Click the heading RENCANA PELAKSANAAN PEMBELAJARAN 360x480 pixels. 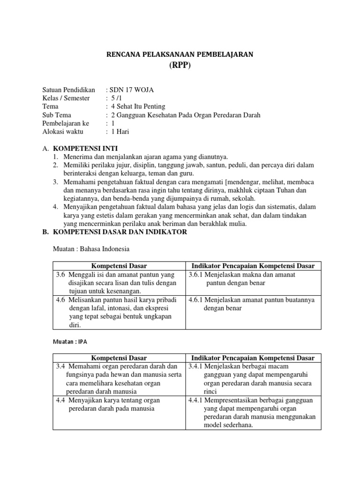click(x=180, y=55)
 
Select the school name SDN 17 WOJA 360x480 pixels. click(x=131, y=90)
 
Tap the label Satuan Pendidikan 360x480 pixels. click(x=68, y=90)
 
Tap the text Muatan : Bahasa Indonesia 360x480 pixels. click(x=90, y=249)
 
